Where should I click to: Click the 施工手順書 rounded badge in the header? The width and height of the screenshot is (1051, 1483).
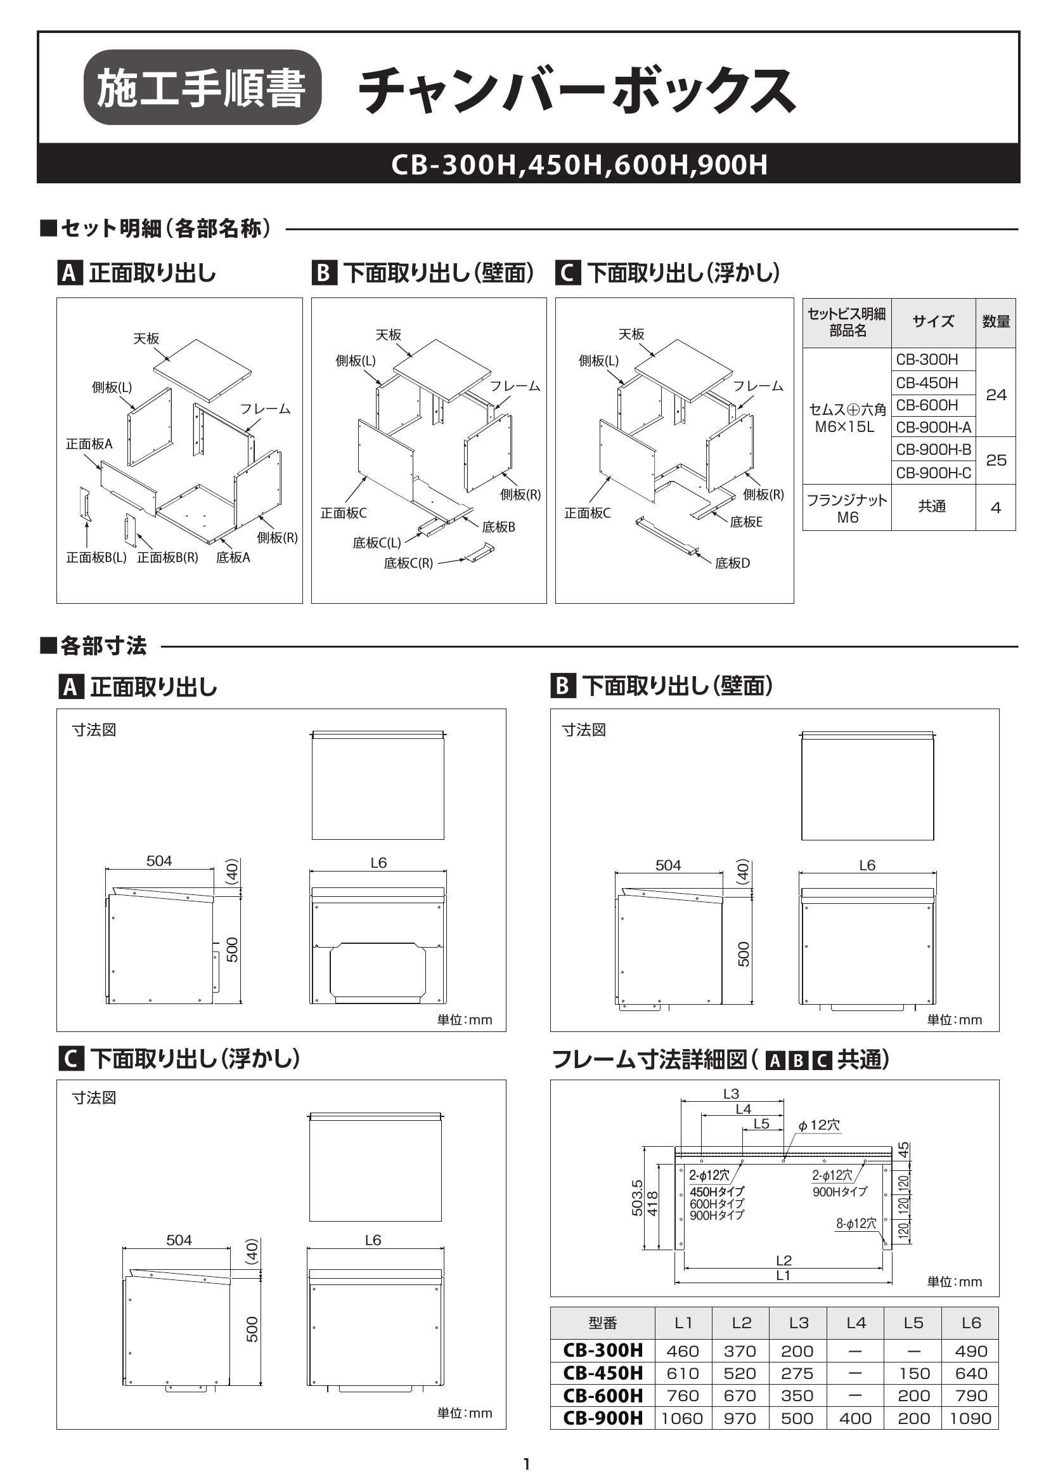(202, 88)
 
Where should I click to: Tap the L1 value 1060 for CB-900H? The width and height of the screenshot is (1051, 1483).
(682, 1418)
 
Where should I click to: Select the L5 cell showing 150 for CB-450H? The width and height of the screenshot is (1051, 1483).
(913, 1373)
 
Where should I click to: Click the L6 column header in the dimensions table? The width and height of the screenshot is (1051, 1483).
(970, 1323)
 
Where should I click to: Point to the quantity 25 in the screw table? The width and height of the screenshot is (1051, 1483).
(995, 460)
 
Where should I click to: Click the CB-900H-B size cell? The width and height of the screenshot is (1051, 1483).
(932, 449)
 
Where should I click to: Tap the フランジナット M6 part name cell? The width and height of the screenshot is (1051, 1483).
(847, 508)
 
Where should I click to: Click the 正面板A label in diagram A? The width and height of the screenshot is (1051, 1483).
(89, 443)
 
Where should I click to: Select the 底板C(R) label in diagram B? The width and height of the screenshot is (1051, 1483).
(408, 563)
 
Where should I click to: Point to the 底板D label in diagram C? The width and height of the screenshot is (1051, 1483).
(732, 563)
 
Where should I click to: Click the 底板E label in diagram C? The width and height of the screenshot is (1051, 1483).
(745, 521)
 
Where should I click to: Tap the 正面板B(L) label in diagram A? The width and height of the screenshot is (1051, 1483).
(96, 557)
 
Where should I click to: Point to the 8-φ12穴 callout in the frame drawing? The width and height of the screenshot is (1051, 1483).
(856, 1224)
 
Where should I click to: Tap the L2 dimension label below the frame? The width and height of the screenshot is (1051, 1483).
(783, 1260)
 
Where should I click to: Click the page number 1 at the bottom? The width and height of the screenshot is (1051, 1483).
(526, 1463)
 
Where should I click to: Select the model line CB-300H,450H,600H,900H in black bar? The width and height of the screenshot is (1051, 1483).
(579, 164)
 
